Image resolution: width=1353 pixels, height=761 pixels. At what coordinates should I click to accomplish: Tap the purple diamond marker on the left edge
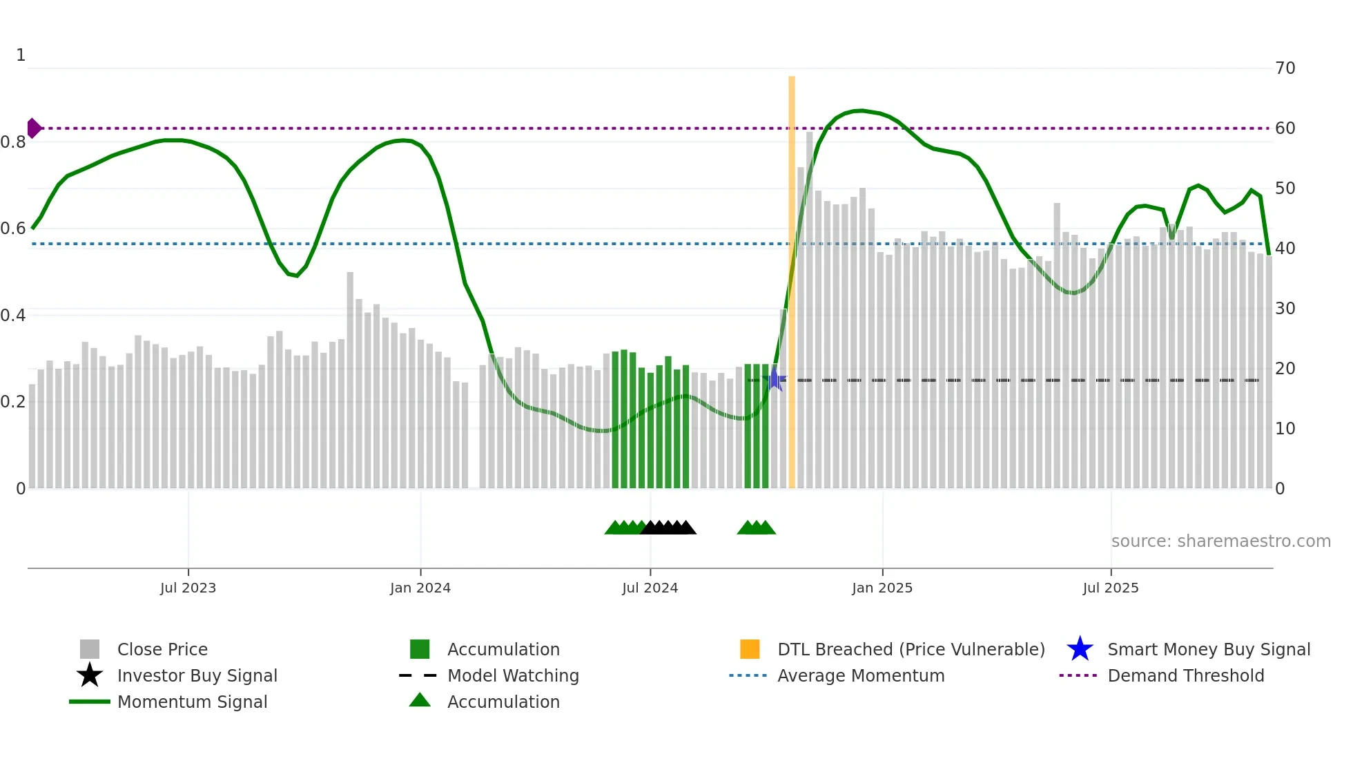33,128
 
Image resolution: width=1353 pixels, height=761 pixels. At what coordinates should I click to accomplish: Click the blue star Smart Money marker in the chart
775,380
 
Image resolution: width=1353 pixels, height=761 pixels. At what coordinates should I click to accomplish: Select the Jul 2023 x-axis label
188,588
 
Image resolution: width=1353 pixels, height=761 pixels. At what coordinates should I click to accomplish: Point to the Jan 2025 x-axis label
882,588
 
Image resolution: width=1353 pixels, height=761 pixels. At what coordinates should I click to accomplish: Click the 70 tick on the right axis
1285,68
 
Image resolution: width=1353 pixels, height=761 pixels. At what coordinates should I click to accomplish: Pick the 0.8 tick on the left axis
12,142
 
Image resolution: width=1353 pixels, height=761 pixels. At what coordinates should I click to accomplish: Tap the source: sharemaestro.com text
1220,541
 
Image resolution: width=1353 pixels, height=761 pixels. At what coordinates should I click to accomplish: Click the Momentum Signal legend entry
192,702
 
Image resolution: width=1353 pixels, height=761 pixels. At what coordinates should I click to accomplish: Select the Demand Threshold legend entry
1185,675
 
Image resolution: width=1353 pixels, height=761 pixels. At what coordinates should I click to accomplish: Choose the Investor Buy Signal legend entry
197,675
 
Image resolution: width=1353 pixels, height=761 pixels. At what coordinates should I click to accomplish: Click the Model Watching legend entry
513,675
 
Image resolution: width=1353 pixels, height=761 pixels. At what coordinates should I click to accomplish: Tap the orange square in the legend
750,649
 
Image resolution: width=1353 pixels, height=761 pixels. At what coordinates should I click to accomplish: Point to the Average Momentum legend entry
860,675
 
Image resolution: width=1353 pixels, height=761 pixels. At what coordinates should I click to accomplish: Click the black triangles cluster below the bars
668,528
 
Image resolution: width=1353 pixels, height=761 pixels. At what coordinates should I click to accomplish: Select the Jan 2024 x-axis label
420,588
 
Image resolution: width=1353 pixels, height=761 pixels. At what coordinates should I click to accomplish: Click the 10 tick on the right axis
1285,429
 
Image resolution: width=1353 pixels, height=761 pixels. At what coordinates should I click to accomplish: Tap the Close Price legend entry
162,649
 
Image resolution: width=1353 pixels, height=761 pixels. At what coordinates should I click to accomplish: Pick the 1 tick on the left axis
21,55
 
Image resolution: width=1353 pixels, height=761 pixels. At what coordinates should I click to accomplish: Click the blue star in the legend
1080,649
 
